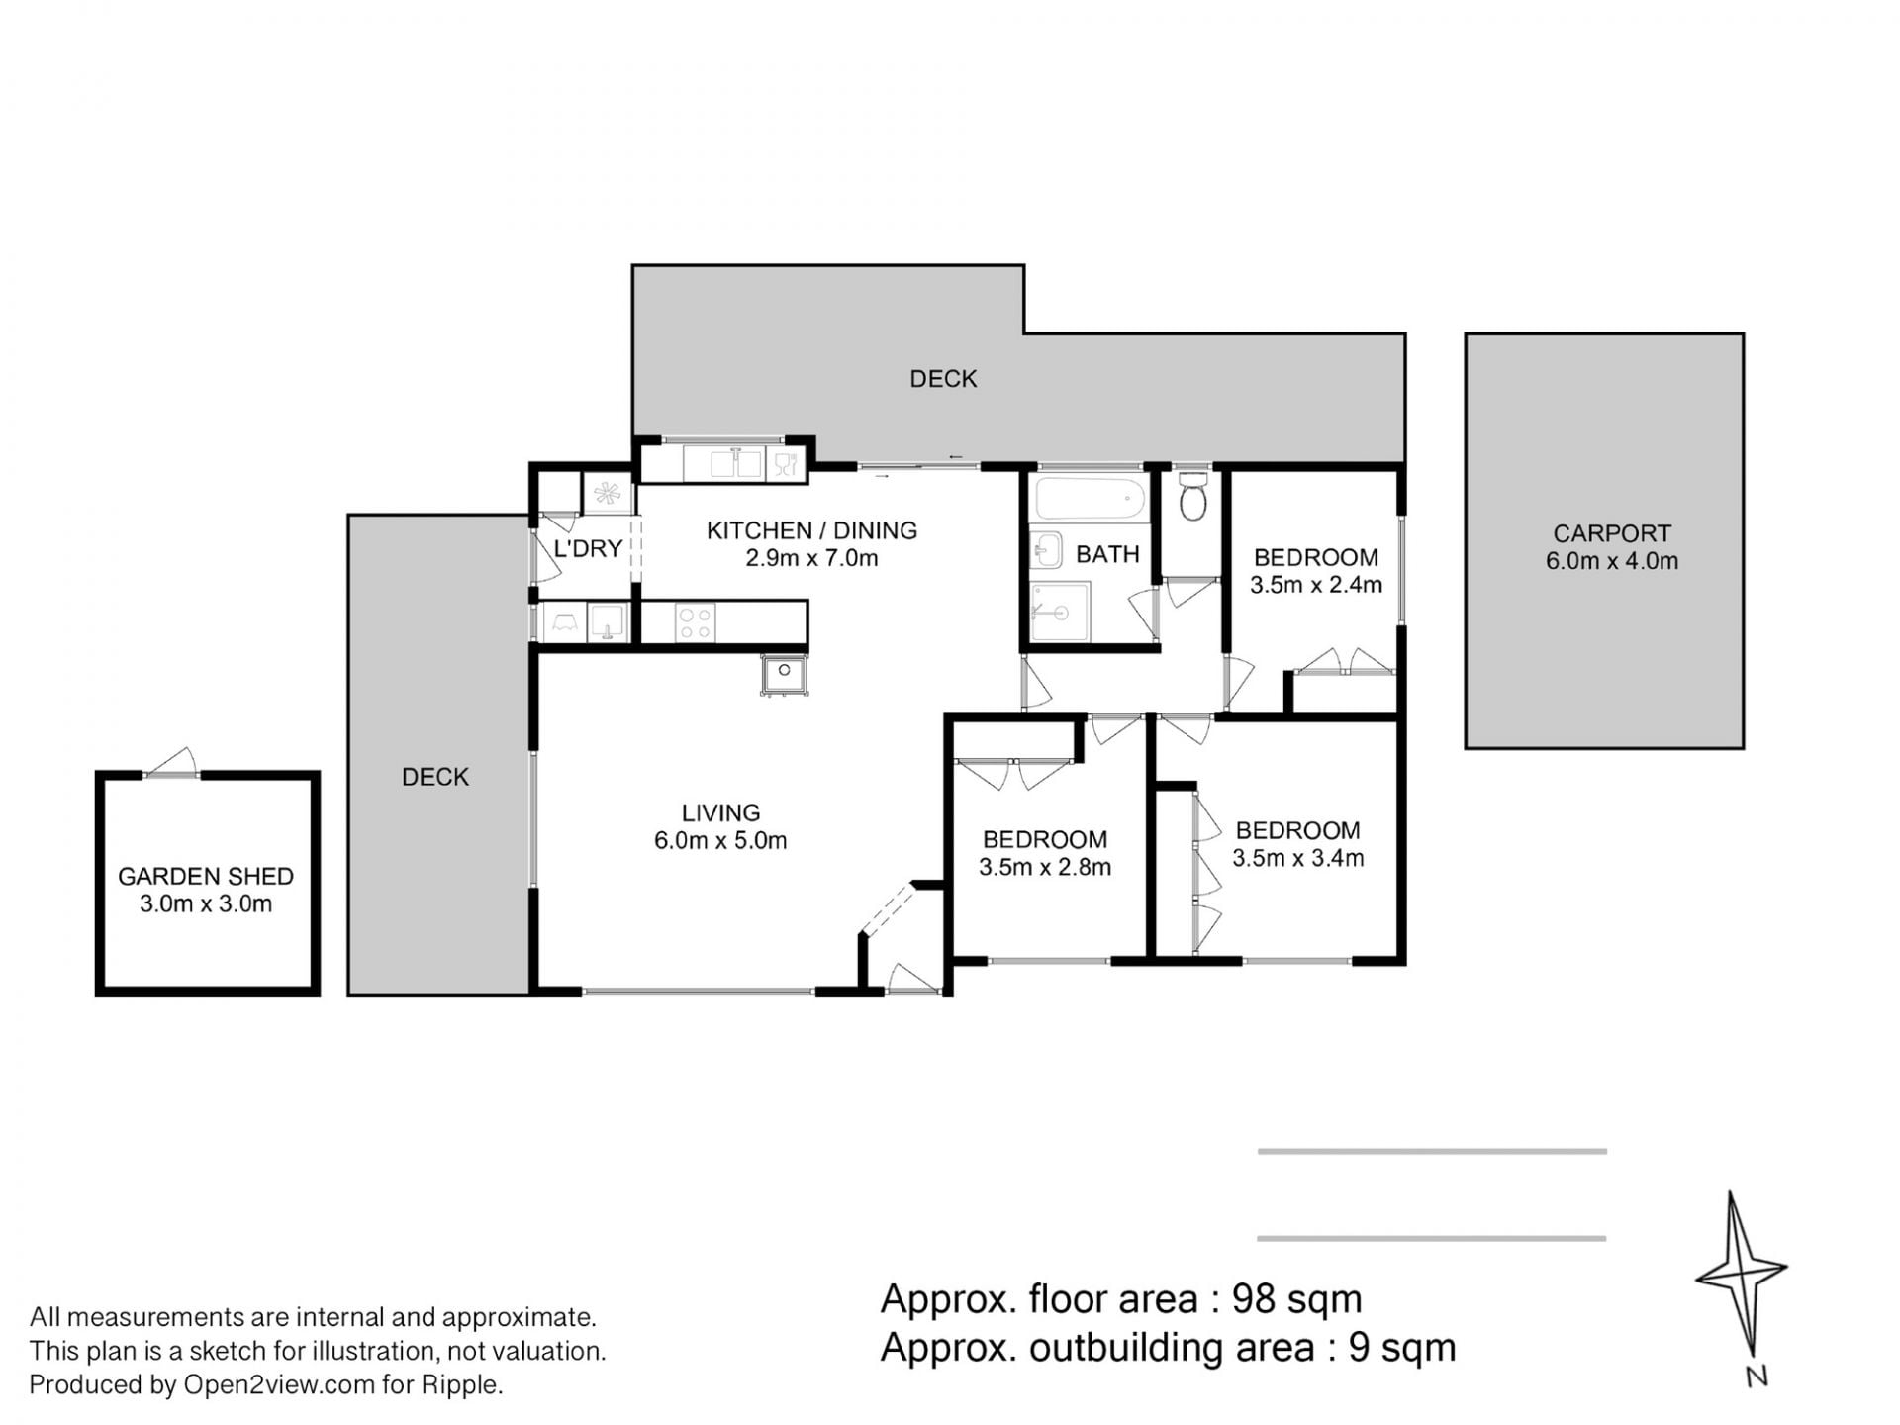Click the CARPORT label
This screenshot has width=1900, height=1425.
coord(1612,533)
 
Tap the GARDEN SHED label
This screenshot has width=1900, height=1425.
coord(206,876)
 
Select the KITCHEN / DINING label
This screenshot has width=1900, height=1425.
coord(811,530)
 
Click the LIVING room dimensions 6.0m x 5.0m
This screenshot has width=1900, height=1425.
coord(720,841)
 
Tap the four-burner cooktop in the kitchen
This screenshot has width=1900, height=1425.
coord(694,622)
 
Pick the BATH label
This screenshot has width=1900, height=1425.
coord(1107,554)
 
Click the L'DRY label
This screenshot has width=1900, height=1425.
coord(588,548)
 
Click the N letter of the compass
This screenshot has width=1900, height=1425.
coord(1757,1377)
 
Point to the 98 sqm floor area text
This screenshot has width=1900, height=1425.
coord(1296,1298)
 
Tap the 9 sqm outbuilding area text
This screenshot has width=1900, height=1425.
coord(1402,1348)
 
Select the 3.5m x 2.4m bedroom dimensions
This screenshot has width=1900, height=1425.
coord(1316,585)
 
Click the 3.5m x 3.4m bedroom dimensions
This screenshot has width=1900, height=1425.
coord(1298,858)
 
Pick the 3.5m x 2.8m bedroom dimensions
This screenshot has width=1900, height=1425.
coord(1045,868)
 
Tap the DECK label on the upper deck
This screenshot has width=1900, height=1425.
coord(943,379)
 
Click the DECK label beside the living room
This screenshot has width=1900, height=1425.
coord(435,778)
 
